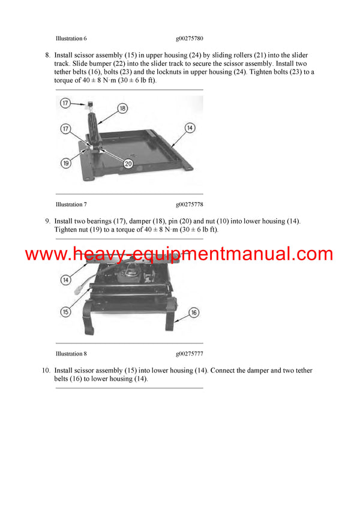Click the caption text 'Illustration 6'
(71, 38)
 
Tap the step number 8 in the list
(47, 55)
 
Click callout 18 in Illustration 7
(122, 109)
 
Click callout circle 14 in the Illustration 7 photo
(190, 128)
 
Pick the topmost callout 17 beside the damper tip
(67, 103)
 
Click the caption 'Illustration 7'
(71, 204)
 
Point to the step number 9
(47, 221)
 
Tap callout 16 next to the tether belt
(194, 312)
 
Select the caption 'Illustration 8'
(71, 354)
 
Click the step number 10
(46, 371)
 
